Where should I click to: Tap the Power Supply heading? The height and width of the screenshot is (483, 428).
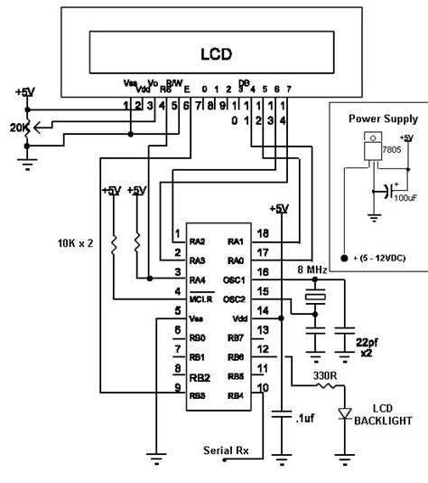[377, 118]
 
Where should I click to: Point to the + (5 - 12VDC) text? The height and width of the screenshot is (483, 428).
[377, 259]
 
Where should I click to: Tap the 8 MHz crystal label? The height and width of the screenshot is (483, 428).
[313, 270]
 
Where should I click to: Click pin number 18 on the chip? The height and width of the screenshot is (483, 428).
[262, 233]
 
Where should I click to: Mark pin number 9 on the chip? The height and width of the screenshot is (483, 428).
[175, 386]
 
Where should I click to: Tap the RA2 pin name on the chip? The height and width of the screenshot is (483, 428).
[200, 241]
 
